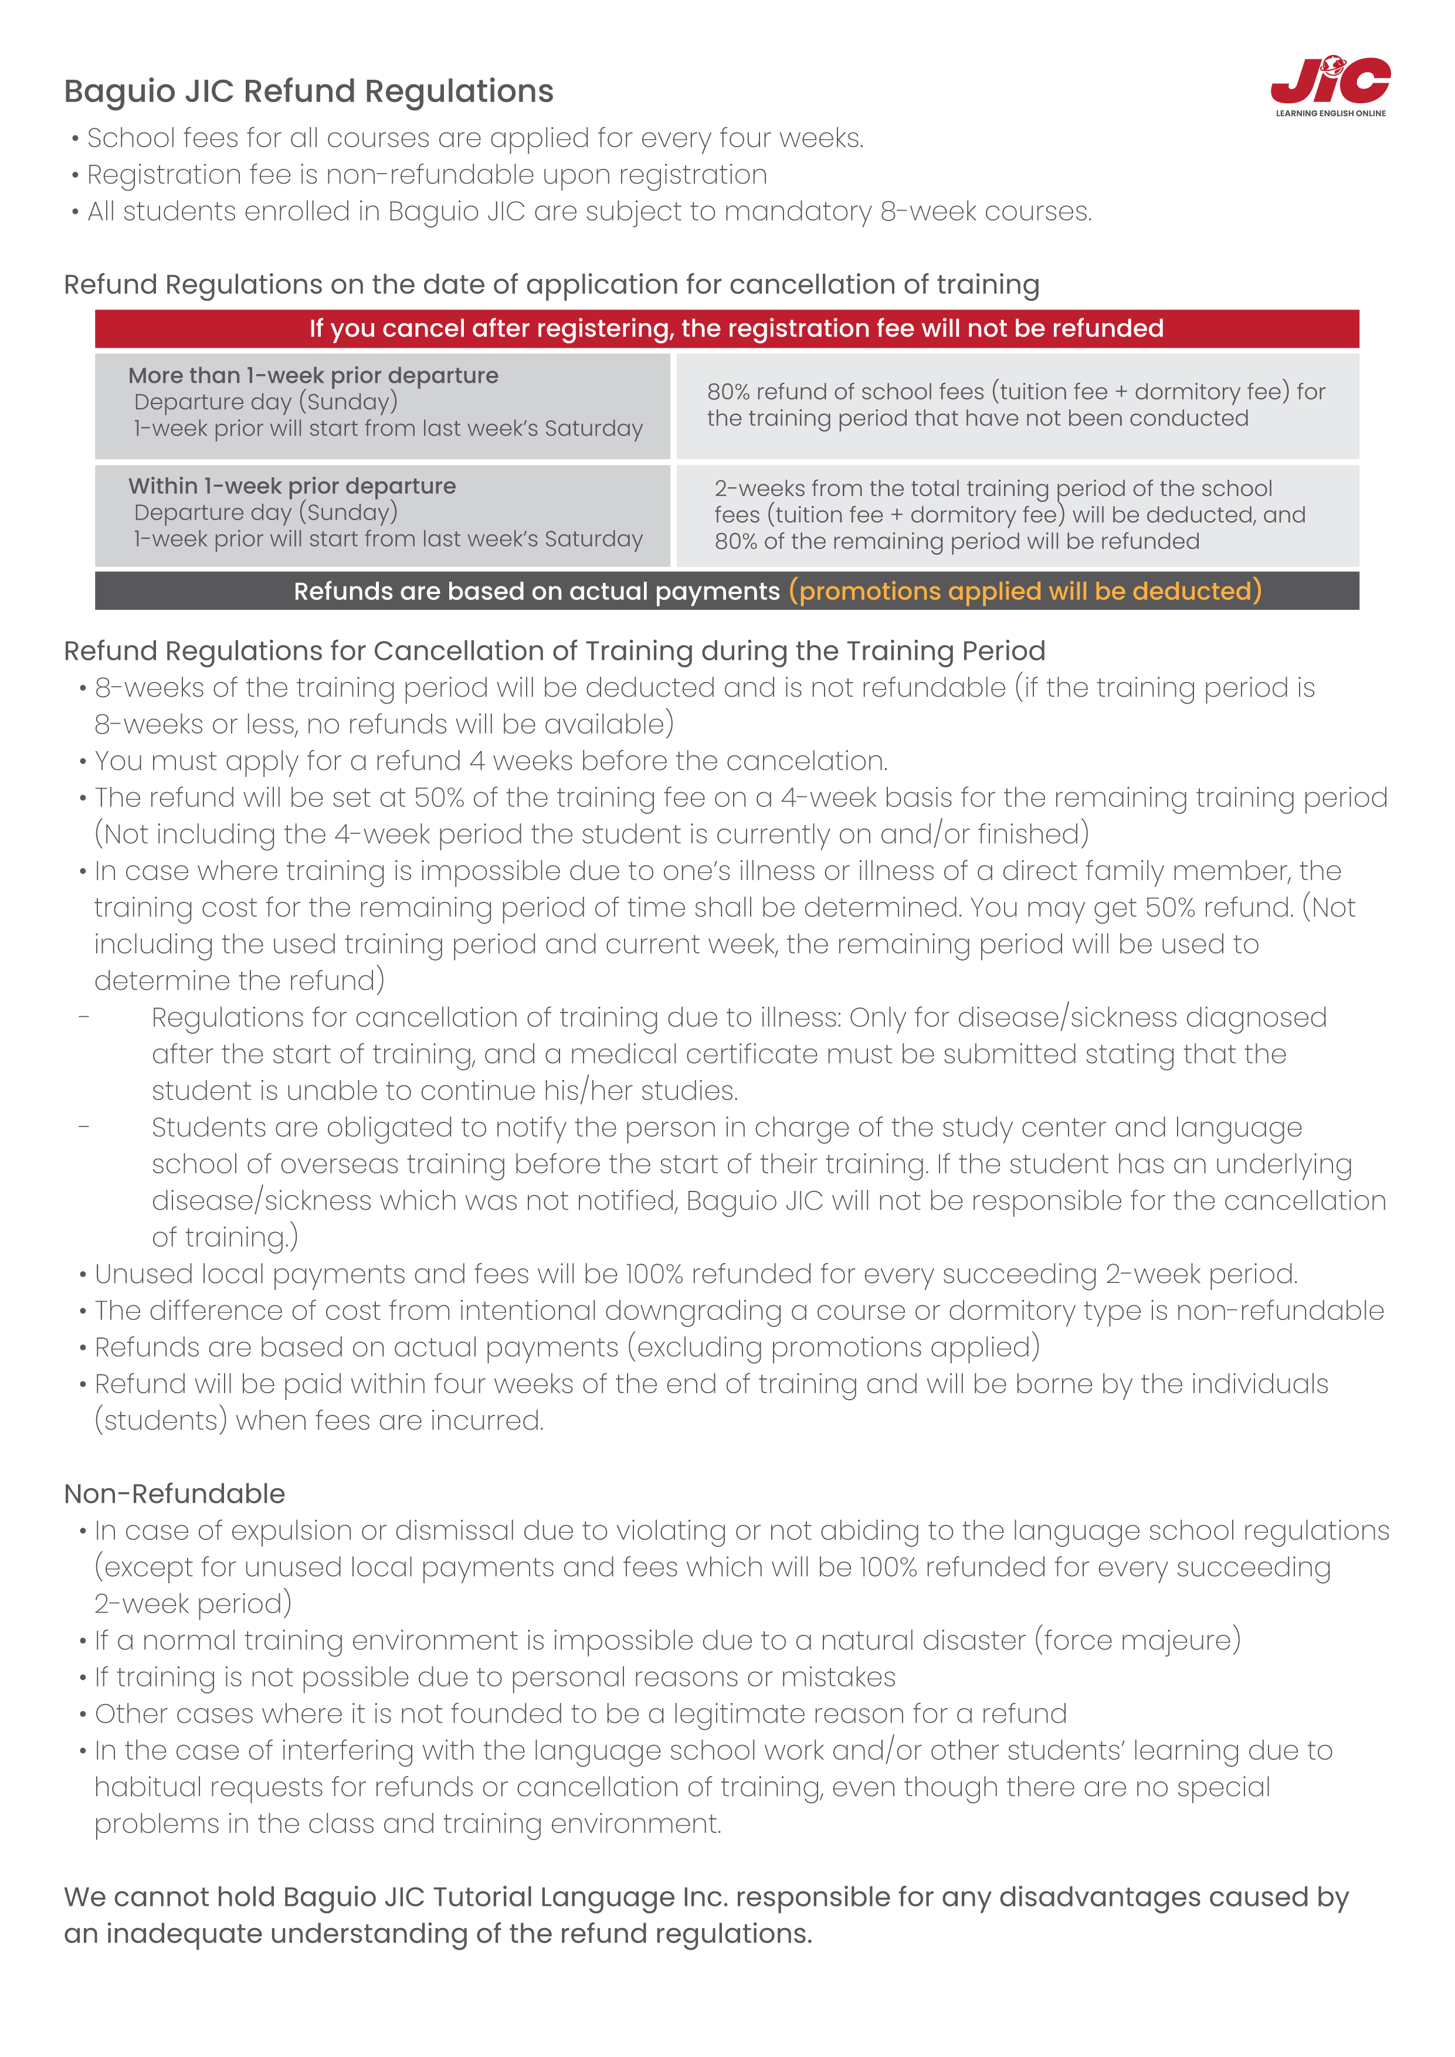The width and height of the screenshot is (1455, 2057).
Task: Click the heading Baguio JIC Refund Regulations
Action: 308,91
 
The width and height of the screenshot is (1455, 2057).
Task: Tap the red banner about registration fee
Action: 727,329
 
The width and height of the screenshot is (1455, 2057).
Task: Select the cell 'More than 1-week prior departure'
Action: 382,405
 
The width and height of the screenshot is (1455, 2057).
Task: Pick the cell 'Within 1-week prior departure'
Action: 382,515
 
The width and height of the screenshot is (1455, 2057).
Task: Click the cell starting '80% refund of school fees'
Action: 1016,405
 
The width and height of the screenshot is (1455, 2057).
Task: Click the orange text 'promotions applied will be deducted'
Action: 1025,591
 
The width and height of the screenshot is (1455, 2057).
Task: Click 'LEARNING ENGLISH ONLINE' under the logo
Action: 1331,114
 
